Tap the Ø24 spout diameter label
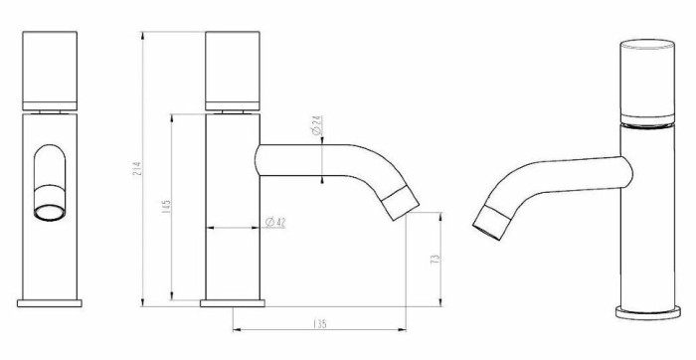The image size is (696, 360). point(316,125)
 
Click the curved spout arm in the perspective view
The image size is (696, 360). point(557,175)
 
